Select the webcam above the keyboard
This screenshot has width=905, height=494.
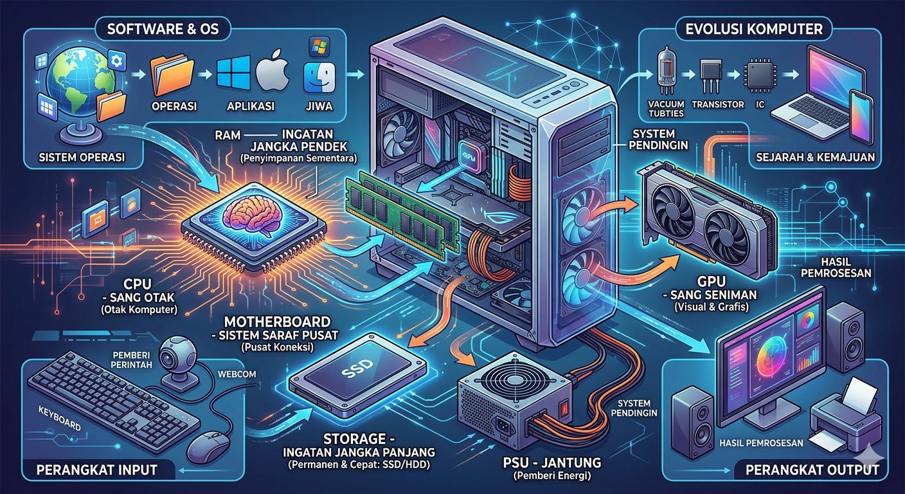tap(174, 354)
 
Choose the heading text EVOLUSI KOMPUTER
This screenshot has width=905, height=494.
tap(754, 29)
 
